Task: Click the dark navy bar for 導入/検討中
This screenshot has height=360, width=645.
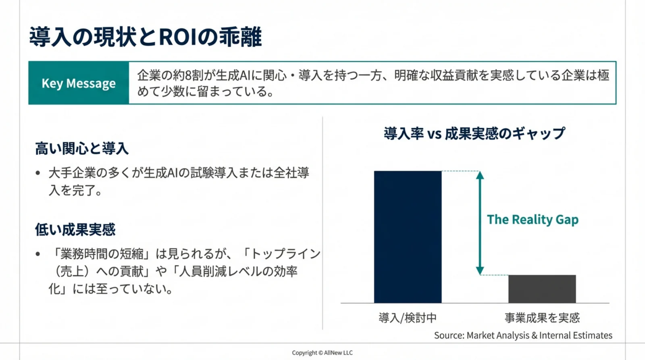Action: click(x=408, y=237)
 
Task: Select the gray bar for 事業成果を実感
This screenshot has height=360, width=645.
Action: click(x=542, y=289)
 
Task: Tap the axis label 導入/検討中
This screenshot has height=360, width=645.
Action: click(x=408, y=318)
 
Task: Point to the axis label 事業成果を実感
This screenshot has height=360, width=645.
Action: click(x=542, y=318)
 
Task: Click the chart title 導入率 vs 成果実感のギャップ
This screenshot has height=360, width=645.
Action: click(x=474, y=133)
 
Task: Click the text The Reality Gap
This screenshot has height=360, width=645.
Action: click(x=533, y=220)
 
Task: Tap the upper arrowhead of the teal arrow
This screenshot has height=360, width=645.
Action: click(x=480, y=175)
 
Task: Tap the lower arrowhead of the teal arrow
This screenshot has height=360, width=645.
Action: click(x=480, y=271)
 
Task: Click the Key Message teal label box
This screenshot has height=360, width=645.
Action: click(x=79, y=83)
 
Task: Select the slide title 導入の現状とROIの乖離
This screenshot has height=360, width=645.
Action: click(x=146, y=37)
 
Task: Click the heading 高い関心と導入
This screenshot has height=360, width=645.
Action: click(x=82, y=149)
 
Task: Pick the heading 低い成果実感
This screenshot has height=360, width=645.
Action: click(x=75, y=230)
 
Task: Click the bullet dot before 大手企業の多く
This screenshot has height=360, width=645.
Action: click(x=38, y=173)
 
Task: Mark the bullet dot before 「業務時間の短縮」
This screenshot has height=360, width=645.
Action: click(x=38, y=254)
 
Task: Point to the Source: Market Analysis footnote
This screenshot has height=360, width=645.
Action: click(x=523, y=335)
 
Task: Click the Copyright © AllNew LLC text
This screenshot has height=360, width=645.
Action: click(x=322, y=353)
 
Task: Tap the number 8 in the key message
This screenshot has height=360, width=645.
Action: click(x=188, y=75)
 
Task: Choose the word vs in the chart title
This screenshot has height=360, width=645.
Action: click(x=434, y=134)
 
